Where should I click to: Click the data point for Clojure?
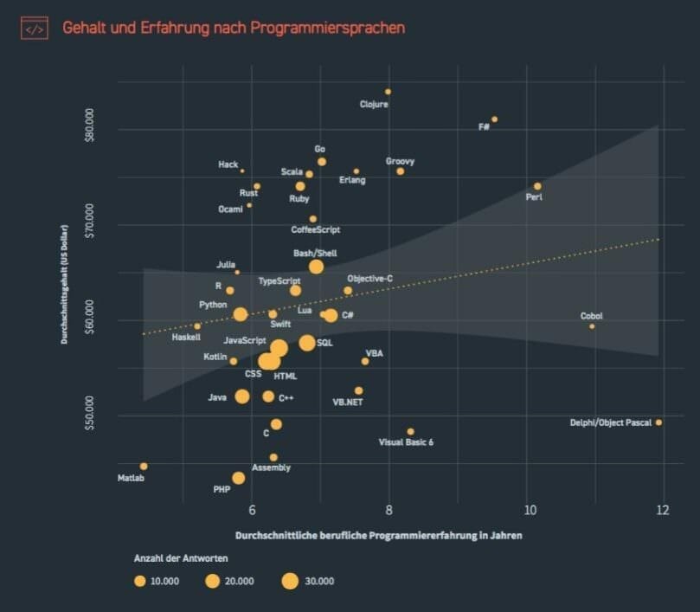click(x=389, y=91)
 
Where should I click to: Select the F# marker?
click(x=494, y=119)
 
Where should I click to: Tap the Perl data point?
click(x=537, y=186)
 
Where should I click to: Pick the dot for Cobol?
click(x=592, y=326)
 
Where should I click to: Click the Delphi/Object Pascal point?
click(x=658, y=422)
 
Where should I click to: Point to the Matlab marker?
click(x=144, y=467)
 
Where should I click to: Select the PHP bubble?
click(x=238, y=478)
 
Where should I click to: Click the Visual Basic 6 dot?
click(x=410, y=431)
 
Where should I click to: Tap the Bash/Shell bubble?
click(x=316, y=267)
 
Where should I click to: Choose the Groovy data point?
click(x=400, y=171)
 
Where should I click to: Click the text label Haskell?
click(x=186, y=337)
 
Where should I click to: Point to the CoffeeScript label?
click(x=316, y=230)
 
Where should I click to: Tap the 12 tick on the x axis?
click(x=664, y=512)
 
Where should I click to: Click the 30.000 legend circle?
click(x=289, y=582)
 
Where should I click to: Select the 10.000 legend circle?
click(x=139, y=582)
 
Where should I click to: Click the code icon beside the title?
click(x=35, y=29)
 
